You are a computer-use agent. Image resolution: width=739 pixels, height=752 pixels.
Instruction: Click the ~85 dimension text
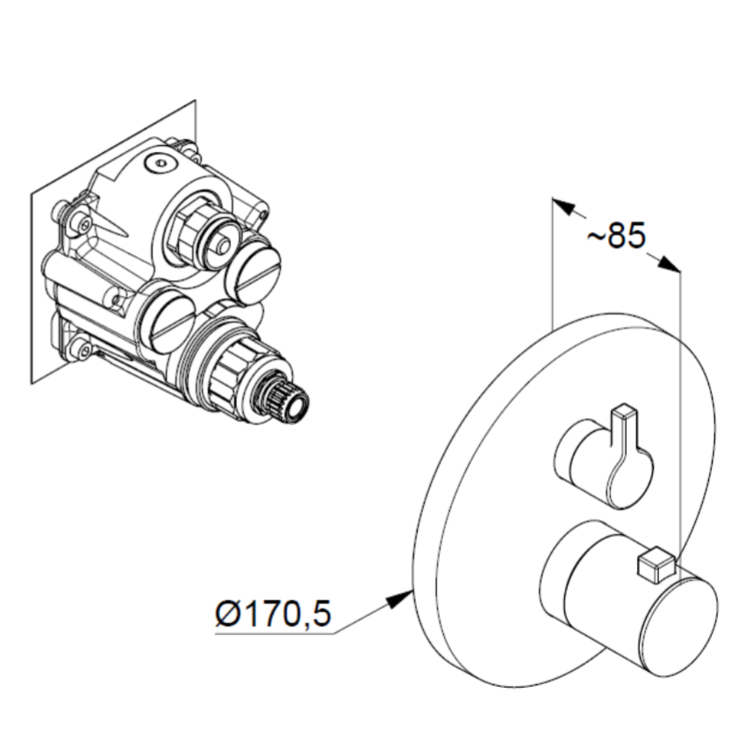tap(617, 235)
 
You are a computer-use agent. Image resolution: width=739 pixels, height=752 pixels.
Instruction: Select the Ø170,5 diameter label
tap(273, 612)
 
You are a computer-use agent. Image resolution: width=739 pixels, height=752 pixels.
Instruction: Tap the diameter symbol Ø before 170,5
tap(227, 613)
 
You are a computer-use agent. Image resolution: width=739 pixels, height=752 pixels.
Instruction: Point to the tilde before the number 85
tap(596, 236)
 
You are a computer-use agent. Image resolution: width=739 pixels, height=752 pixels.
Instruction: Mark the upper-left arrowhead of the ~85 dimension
tap(563, 206)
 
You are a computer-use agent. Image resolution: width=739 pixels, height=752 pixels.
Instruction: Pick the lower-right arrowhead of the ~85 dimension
tap(669, 264)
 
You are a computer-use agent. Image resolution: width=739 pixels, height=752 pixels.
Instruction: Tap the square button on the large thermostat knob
tap(655, 562)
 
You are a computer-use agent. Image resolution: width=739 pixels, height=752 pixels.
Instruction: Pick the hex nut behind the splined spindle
tap(233, 369)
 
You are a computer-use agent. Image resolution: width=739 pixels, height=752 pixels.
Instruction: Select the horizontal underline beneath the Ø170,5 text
tap(275, 633)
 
